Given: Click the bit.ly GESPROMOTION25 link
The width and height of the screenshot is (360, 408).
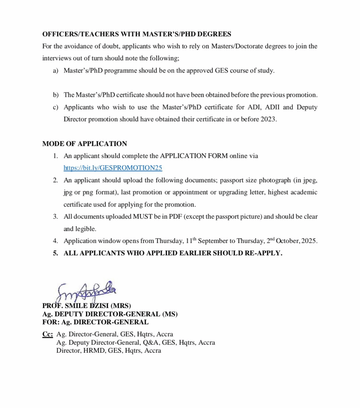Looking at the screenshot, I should click(x=113, y=168).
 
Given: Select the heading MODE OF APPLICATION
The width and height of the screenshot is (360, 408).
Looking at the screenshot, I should click(x=84, y=144).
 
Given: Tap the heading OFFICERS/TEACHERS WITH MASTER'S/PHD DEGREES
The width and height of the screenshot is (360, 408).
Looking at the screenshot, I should click(x=137, y=34).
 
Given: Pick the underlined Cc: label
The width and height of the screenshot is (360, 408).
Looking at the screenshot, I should click(x=47, y=334).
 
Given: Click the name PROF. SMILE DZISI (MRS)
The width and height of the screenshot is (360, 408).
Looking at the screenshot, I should click(x=86, y=306).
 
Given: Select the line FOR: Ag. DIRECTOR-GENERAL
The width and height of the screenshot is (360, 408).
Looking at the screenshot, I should click(x=95, y=322).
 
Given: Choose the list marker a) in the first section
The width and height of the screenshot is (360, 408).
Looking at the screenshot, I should click(x=55, y=71).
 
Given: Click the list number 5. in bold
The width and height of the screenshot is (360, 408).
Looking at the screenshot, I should click(x=56, y=253).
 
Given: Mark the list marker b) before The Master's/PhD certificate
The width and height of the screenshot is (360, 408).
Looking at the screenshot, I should click(x=55, y=95).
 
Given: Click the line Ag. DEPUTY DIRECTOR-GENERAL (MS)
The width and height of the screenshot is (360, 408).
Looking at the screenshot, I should click(x=110, y=314).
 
